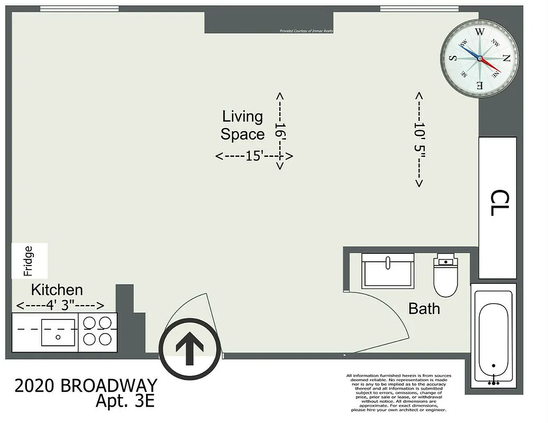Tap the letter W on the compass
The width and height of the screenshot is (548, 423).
pos(480,32)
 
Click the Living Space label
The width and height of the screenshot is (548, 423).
pos(242,125)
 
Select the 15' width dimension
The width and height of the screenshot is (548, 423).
pos(254,157)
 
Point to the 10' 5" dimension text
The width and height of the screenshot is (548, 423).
pos(419,140)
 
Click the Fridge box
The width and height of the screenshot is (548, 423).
pos(30,261)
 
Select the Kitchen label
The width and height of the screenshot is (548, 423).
pos(57,290)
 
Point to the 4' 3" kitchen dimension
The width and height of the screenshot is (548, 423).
pos(60,306)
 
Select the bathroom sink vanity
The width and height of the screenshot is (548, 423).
pos(388,270)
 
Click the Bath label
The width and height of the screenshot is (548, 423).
pos(424,308)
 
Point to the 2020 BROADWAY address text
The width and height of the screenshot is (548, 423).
pos(86,386)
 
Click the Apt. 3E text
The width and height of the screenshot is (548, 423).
pos(125,401)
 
